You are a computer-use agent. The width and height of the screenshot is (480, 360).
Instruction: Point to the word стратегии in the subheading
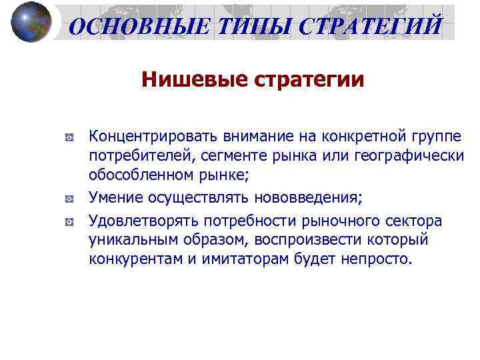click(x=309, y=81)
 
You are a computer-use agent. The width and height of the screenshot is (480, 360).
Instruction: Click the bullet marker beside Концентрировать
click(x=69, y=137)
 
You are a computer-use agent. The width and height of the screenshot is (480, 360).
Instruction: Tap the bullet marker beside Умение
click(x=69, y=199)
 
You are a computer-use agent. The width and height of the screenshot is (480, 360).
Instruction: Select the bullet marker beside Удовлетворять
click(x=69, y=221)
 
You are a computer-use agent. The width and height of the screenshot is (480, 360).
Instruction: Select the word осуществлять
click(x=189, y=197)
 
